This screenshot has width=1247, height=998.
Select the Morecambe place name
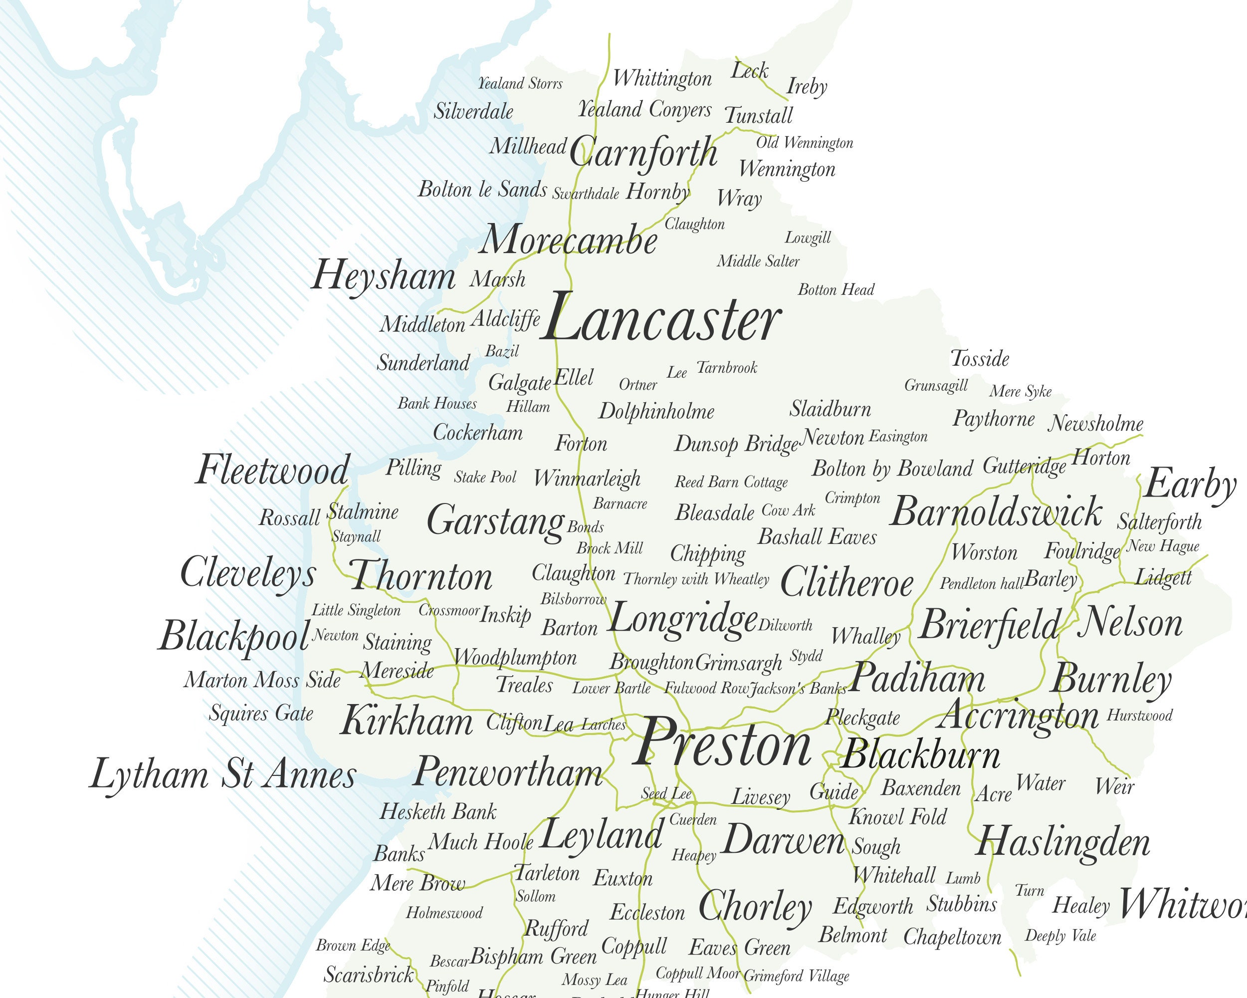(x=568, y=241)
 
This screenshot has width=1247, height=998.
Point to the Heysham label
(x=384, y=276)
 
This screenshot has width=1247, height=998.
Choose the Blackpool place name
(x=234, y=636)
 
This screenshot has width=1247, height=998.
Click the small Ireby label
(x=807, y=87)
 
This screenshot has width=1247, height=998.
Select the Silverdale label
(x=473, y=111)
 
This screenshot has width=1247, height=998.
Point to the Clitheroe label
(x=847, y=582)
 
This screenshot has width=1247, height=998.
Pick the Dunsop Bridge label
(x=737, y=444)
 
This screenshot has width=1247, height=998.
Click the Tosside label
(x=980, y=359)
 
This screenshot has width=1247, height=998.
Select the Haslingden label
(x=1063, y=843)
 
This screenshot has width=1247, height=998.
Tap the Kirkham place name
(x=407, y=722)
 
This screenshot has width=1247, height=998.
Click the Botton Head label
(x=836, y=290)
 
